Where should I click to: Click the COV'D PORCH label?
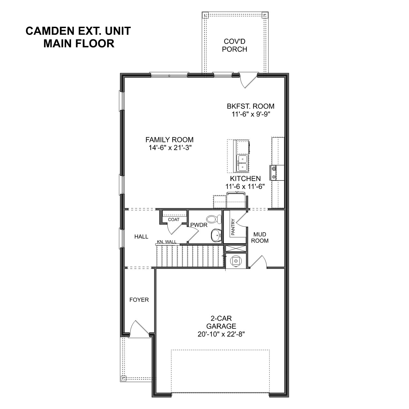[234, 45]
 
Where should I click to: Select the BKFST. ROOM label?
[251, 106]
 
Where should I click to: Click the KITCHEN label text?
[245, 179]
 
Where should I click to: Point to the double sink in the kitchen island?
[242, 163]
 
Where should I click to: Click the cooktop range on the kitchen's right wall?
[273, 173]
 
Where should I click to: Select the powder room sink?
[216, 235]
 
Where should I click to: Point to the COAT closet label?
[173, 219]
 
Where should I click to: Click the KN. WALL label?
[167, 242]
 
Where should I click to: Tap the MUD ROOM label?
[260, 237]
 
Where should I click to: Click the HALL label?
[141, 237]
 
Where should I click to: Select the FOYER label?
[139, 300]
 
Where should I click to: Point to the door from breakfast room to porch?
[248, 80]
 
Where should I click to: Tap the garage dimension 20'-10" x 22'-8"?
[221, 334]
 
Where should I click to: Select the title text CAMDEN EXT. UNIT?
[78, 31]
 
